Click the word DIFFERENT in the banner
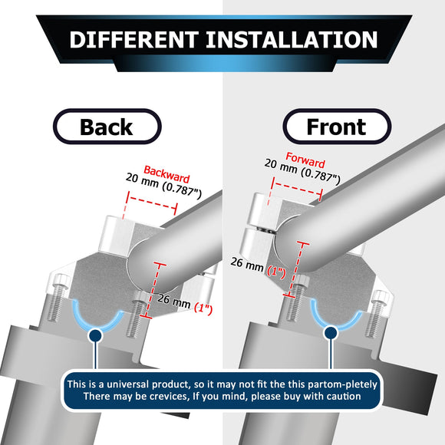pos(134,39)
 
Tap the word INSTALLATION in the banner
pos(292,39)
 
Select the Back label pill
pos(107,127)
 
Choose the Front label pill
pos(337,127)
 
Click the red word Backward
pos(166,174)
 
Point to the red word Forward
pos(305,160)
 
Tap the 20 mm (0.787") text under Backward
pos(163,186)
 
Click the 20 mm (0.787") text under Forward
pos(302,172)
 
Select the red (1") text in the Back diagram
pos(203,308)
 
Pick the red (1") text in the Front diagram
pos(277,272)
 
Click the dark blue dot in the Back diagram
pos(96,335)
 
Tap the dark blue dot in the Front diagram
pos(331,333)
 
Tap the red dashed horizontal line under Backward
pos(152,203)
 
